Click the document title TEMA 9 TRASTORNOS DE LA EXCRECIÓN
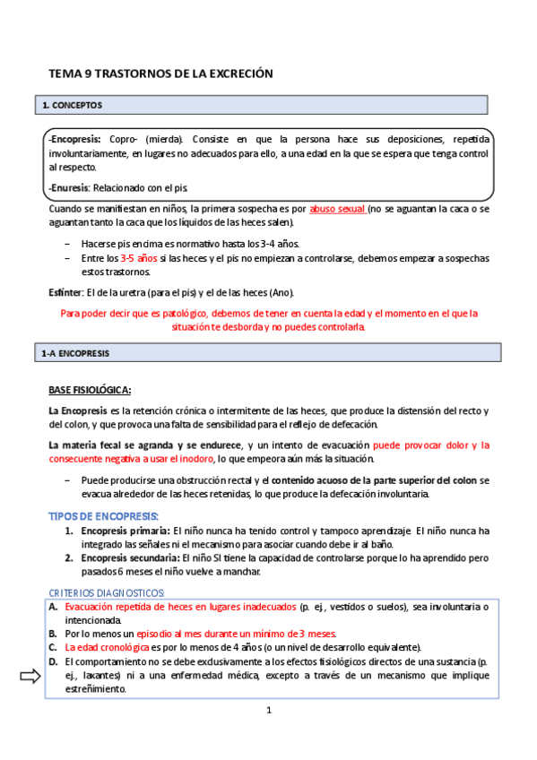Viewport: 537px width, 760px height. (160, 73)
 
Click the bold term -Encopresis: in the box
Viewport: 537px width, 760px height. (77, 140)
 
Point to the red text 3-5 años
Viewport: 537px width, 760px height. (139, 258)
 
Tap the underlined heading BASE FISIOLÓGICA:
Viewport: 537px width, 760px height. (90, 390)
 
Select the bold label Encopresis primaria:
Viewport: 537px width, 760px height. (124, 531)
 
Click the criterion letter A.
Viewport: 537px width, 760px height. (53, 607)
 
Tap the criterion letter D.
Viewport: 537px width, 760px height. (53, 661)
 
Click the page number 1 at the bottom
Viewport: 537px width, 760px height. (268, 710)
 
